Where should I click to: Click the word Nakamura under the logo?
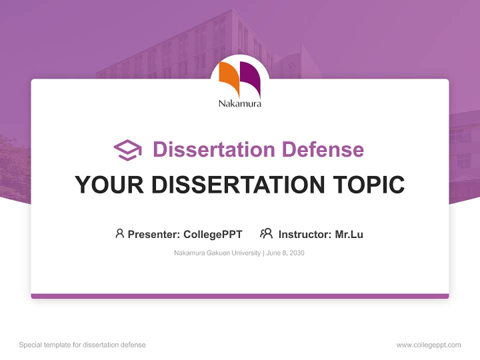click(239, 104)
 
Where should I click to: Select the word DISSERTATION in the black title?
click(237, 184)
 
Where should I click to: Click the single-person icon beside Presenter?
click(119, 233)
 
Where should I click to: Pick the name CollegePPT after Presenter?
click(213, 234)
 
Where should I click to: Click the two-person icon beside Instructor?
click(266, 233)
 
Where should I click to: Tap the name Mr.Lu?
click(349, 234)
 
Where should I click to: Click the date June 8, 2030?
click(285, 253)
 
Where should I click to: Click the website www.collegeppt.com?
click(428, 345)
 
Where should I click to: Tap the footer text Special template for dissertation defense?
click(82, 345)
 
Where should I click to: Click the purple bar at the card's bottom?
click(240, 296)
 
